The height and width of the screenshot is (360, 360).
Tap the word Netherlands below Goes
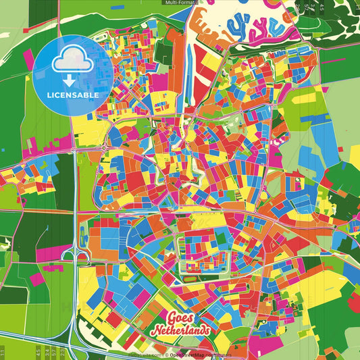coord(181,331)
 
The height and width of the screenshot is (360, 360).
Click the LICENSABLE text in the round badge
coord(73,95)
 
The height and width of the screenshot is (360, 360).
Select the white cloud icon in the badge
coord(73,62)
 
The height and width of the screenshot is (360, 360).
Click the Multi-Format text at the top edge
coord(180,3)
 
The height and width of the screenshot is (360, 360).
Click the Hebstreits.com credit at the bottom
coord(145,354)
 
